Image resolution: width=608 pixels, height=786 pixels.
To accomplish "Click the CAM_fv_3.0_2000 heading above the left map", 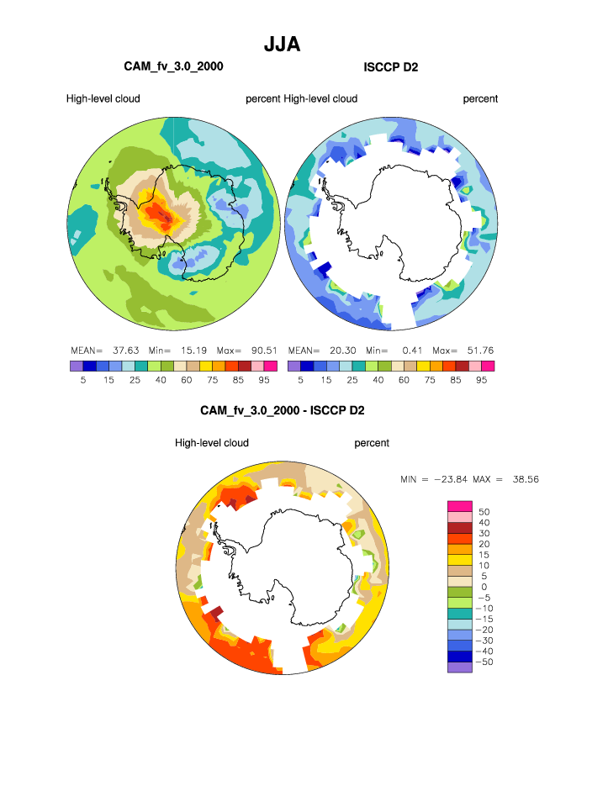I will point(173,66).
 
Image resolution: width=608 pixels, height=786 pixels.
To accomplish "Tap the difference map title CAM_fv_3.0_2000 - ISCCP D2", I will point(282,411).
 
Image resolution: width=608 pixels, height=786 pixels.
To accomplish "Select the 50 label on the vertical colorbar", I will point(484,511).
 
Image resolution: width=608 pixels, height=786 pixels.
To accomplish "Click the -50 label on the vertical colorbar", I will point(487,662).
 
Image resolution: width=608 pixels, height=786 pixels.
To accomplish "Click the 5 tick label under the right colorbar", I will point(300,380).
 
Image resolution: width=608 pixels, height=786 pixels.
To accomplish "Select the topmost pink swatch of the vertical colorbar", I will point(460,505).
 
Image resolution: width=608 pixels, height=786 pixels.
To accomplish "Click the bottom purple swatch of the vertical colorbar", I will point(460,668).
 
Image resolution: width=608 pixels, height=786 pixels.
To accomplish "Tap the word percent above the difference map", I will point(372,443).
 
